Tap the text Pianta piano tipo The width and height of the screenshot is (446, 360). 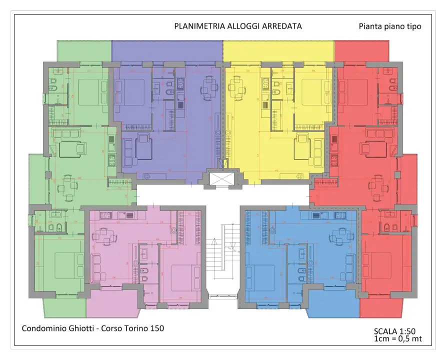tap(389, 26)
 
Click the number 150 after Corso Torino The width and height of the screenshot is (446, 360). tap(157, 328)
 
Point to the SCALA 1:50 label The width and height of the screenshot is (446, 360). tap(394, 331)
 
